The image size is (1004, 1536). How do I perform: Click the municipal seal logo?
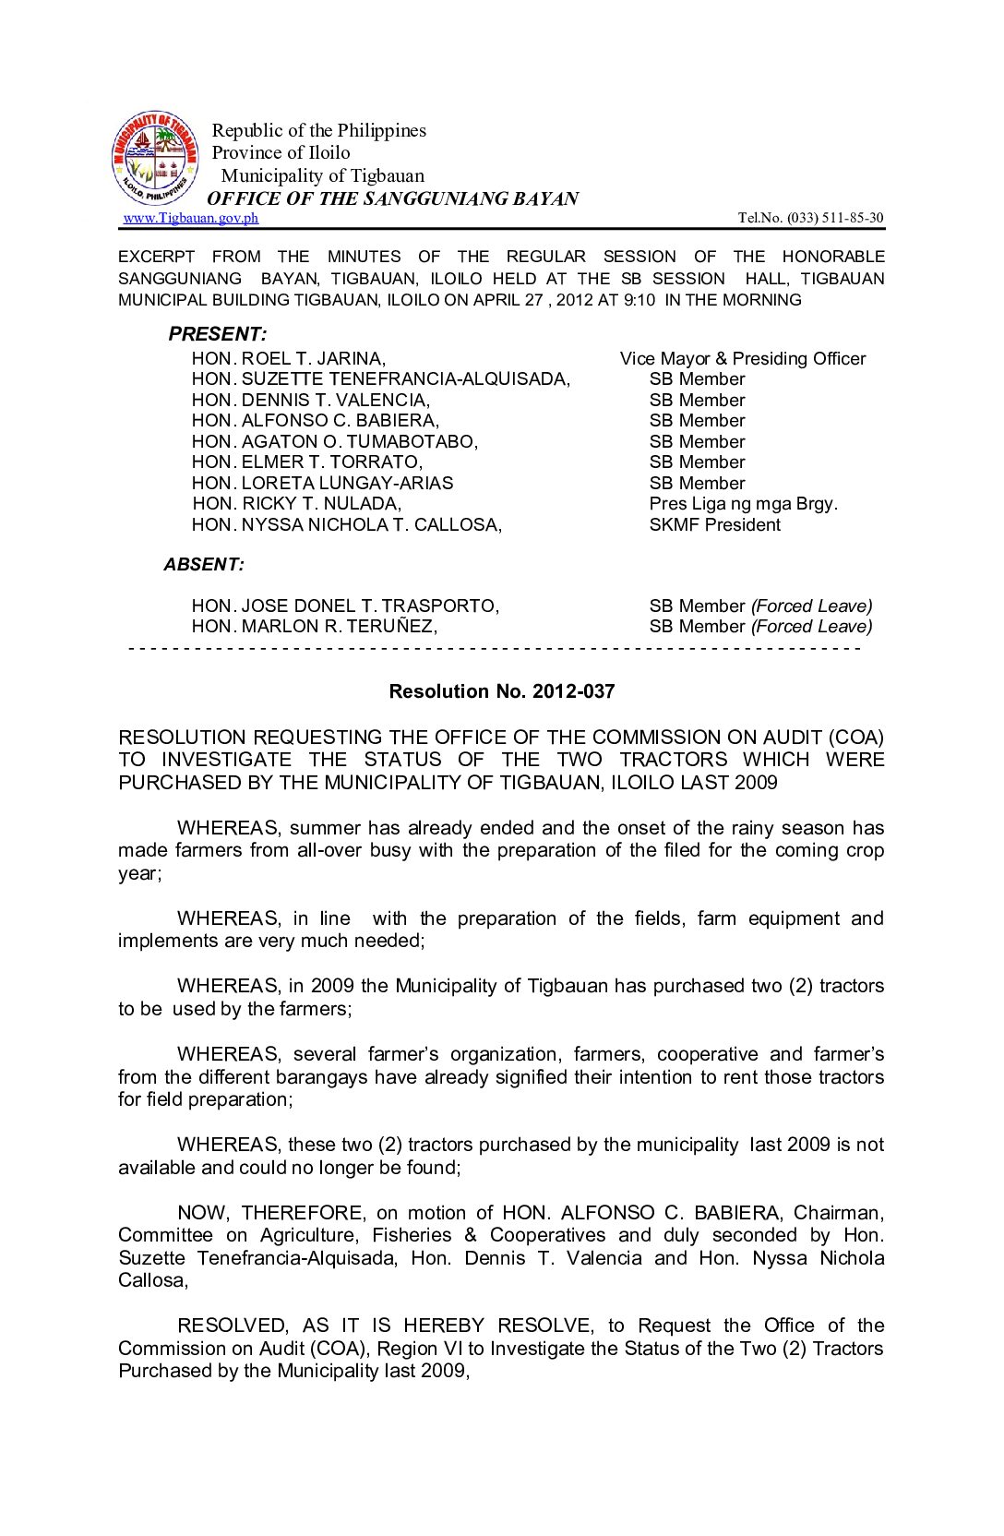(x=154, y=158)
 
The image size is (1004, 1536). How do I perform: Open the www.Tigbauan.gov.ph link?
(x=190, y=218)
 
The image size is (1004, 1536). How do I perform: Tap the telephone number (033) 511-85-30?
(x=810, y=218)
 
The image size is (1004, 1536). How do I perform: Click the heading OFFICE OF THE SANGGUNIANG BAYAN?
(x=392, y=198)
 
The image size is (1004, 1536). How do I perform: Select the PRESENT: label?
(x=218, y=334)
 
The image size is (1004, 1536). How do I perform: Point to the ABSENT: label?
(x=204, y=564)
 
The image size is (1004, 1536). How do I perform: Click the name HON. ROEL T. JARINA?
(x=289, y=358)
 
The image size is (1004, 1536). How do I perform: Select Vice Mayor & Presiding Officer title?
(x=743, y=358)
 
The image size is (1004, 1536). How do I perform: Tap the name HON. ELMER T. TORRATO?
(x=306, y=462)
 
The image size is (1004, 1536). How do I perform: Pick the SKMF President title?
(x=714, y=524)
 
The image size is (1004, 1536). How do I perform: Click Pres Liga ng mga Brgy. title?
(x=743, y=503)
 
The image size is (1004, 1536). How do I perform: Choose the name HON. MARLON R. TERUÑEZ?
(x=314, y=626)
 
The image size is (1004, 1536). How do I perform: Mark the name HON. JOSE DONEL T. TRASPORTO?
(x=345, y=606)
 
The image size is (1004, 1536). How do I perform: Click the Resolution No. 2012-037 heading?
(x=501, y=691)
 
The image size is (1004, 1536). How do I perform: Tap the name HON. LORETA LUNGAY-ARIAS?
(x=322, y=483)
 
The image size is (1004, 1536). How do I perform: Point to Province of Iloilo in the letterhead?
(x=281, y=152)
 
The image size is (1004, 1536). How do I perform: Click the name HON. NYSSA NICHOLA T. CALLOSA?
(x=346, y=524)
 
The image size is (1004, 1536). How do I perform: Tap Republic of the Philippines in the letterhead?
(x=318, y=130)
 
